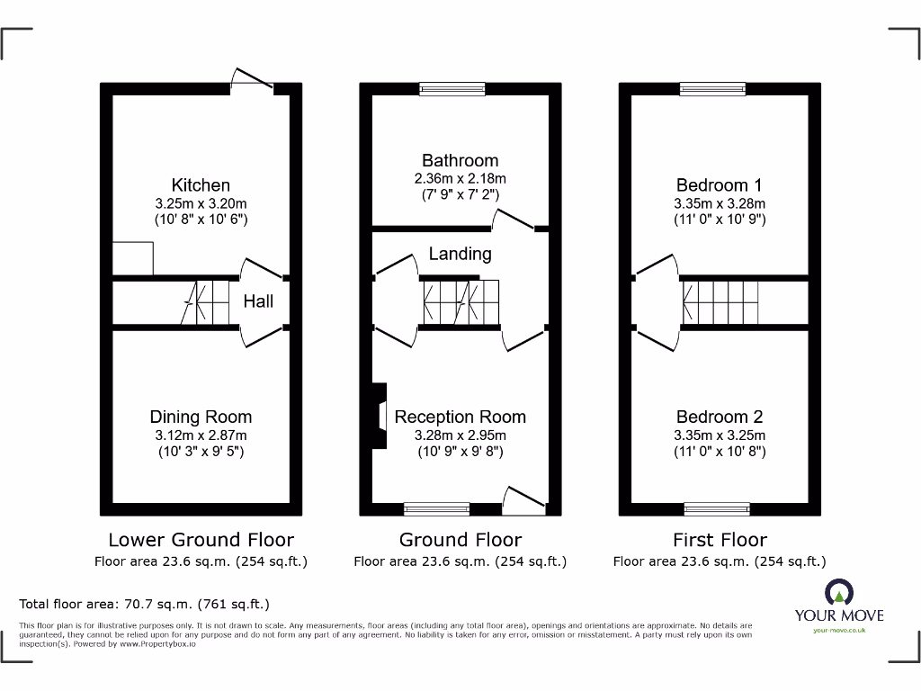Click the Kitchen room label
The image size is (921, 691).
pos(201,185)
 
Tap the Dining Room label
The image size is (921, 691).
pos(201,417)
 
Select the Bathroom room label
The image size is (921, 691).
pos(460,161)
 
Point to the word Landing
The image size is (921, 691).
pos(460,254)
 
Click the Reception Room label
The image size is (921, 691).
pos(460,417)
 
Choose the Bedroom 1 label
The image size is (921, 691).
pos(720,185)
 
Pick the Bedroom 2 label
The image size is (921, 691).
pos(720,417)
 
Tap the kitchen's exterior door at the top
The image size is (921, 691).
pos(252,81)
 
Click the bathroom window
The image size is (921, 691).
pos(452,89)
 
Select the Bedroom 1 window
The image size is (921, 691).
pos(712,89)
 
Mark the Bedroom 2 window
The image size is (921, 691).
pos(716,509)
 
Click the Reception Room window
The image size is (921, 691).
pos(436,509)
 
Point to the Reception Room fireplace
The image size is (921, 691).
pos(379,415)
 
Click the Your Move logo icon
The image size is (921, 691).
pos(838,593)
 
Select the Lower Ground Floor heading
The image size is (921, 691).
pos(201,540)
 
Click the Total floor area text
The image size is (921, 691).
pos(144,604)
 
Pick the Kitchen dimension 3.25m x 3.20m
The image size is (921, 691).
pos(201,203)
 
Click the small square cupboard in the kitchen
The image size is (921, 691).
pos(133,259)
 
